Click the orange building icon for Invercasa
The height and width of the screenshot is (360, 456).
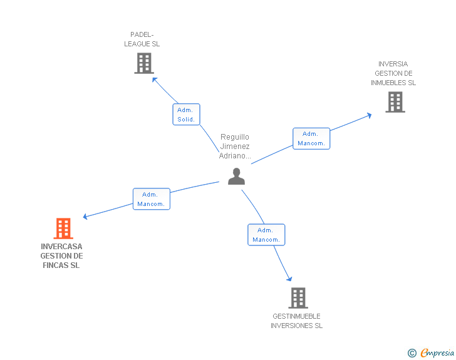pos(63,229)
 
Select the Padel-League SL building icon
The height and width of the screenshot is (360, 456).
pos(144,63)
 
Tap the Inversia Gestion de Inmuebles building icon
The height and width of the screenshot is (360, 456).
pos(395,102)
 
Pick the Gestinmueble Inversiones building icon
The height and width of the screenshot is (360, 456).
pos(298,298)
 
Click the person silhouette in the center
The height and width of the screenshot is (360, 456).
pos(236,177)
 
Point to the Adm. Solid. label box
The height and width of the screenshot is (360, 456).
pos(186,115)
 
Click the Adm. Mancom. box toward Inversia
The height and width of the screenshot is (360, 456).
pos(311,138)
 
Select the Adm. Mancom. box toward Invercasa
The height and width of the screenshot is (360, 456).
pos(151,199)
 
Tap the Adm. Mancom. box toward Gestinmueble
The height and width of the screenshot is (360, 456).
pos(266,235)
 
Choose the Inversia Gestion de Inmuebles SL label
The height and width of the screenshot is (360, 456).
pos(393,73)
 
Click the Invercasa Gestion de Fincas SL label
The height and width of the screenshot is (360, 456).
pos(61,256)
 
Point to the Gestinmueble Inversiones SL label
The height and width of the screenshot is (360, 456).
pos(297,321)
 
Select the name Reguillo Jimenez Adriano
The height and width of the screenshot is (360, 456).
pos(235,147)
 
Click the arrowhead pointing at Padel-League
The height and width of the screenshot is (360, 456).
pos(155,80)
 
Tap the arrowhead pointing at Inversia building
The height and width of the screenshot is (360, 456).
pos(369,115)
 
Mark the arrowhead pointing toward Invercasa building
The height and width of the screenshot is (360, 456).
pos(86,217)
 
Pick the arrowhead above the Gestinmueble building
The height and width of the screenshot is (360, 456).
pos(289,279)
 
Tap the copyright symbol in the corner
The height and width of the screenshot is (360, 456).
pos(412,354)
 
